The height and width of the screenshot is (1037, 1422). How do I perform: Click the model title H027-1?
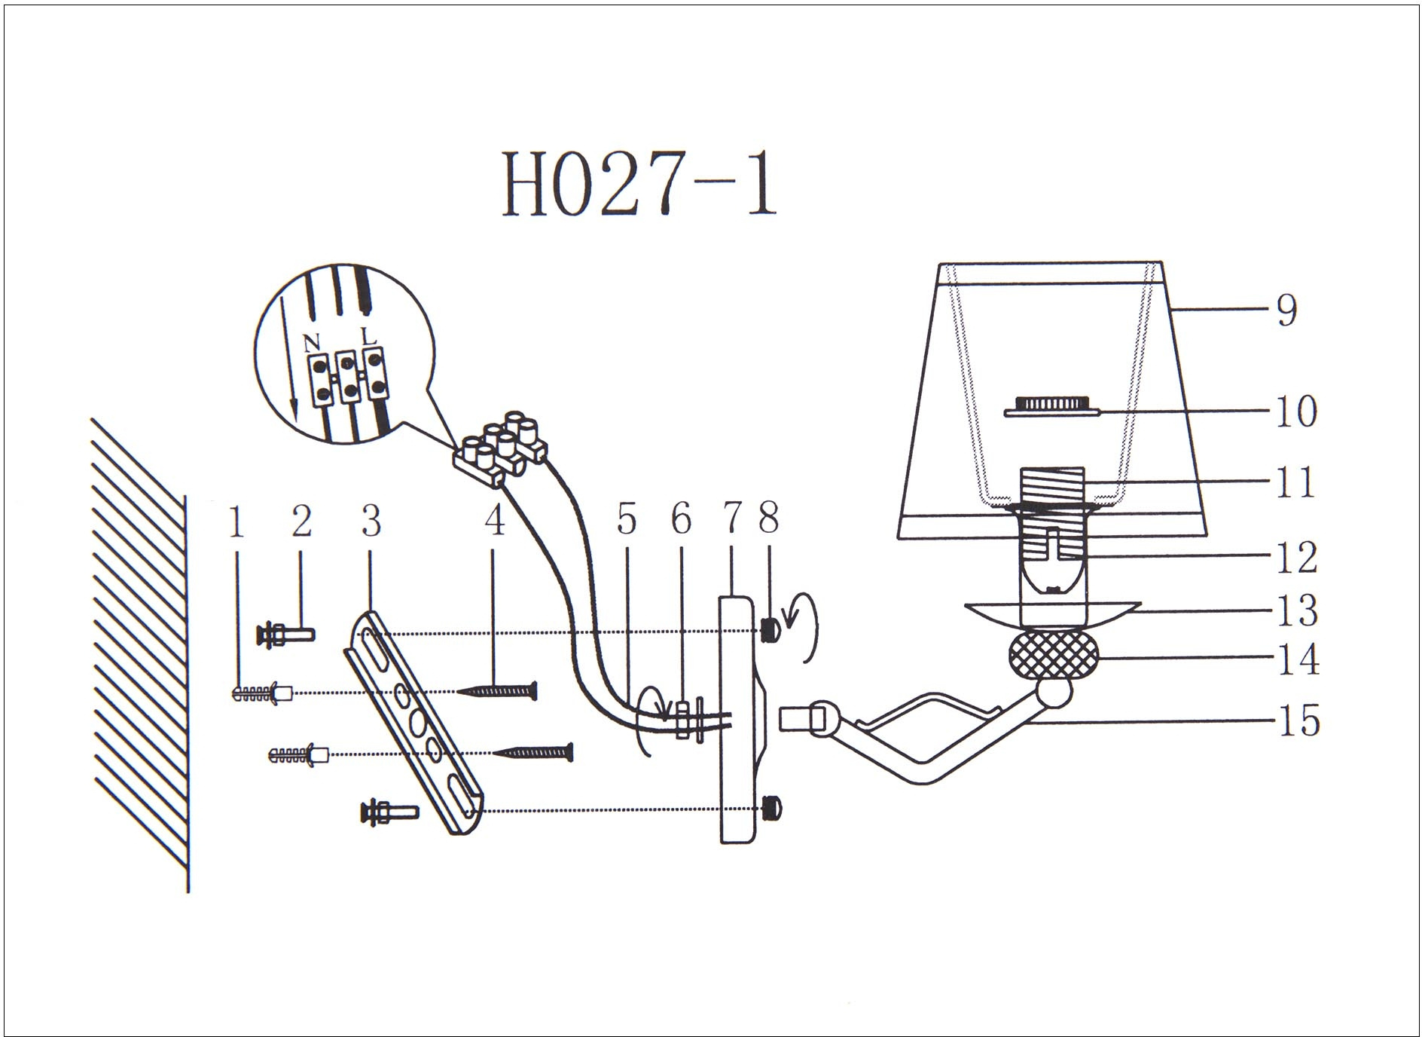coord(639,183)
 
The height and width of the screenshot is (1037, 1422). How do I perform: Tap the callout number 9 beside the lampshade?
coord(1287,310)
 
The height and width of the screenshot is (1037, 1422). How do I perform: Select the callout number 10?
coord(1295,411)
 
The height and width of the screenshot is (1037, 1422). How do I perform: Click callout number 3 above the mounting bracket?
coord(371,521)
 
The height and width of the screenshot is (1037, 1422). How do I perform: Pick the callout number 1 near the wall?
coord(237,522)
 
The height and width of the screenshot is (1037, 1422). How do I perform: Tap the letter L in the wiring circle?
coord(369,337)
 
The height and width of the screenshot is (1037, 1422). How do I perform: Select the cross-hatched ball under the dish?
coord(1052,656)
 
